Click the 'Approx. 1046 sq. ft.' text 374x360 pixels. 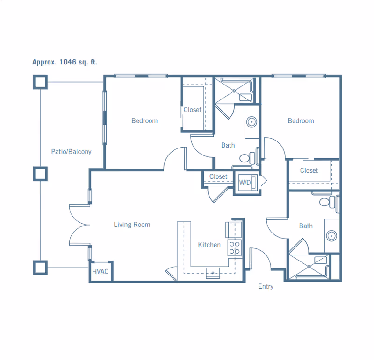coord(65,62)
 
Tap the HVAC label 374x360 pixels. coord(101,271)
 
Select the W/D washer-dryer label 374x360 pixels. coord(245,183)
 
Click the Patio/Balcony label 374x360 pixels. coord(72,152)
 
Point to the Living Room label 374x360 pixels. coord(132,225)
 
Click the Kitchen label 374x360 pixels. coord(209,245)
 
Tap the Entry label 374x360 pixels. coord(266,286)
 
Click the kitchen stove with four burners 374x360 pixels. coord(235,247)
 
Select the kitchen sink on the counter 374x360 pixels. coord(213,273)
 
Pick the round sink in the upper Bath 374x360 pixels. coord(252,122)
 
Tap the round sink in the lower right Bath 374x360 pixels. coord(331,236)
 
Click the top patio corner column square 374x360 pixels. coord(40,82)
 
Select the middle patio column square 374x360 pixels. coord(40,174)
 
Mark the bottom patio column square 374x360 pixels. coord(40,268)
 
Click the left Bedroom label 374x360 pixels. coord(144,121)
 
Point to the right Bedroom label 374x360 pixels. coord(301,121)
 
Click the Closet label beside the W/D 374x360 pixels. coord(218,176)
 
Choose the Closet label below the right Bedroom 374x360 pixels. coord(309,170)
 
